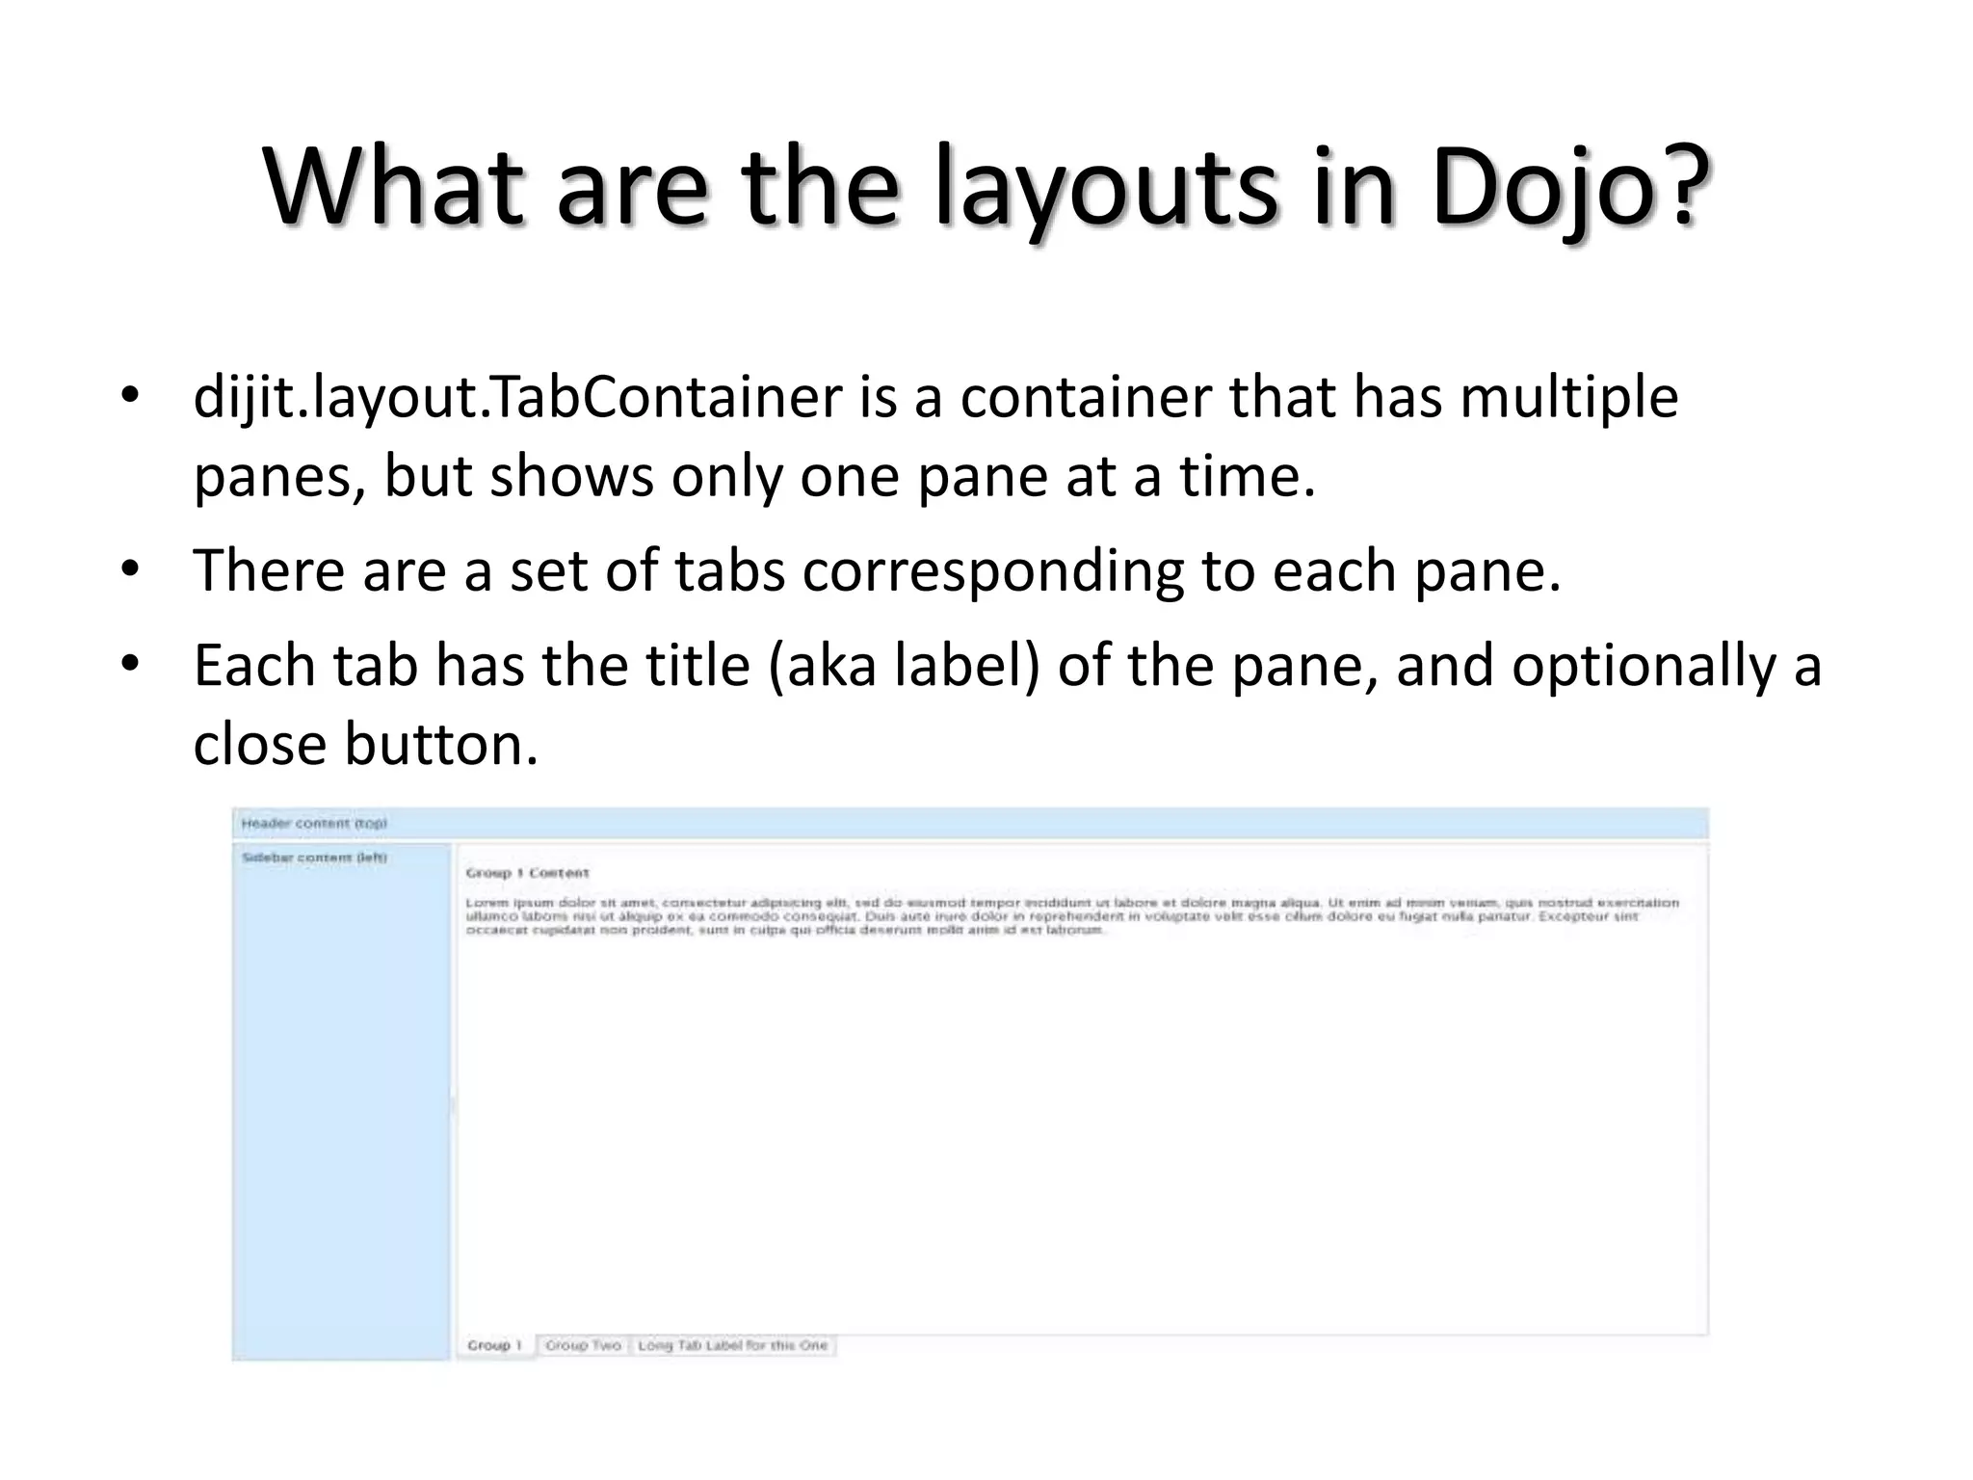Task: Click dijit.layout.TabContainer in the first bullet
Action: [517, 398]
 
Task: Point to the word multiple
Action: [1569, 398]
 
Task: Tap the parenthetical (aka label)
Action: [904, 667]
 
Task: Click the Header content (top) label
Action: [314, 824]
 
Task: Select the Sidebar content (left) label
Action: [314, 858]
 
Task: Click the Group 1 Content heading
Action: [527, 873]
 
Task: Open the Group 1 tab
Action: [494, 1345]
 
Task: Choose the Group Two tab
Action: [583, 1345]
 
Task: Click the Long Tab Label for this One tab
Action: [732, 1345]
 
